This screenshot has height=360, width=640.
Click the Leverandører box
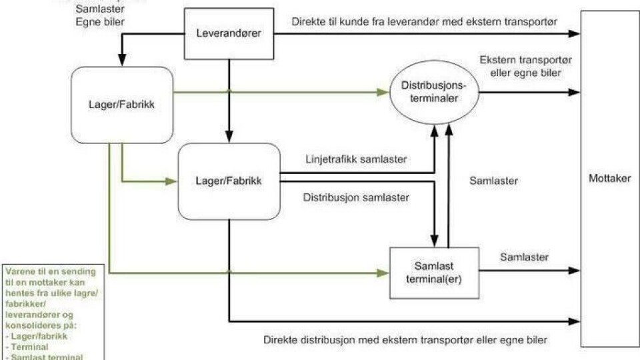click(x=229, y=33)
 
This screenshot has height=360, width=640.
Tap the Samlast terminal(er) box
click(x=434, y=273)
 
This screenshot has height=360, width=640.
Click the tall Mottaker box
click(x=609, y=179)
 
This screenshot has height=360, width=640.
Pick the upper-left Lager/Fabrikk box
click(x=122, y=105)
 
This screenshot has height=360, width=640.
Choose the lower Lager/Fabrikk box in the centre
click(x=229, y=180)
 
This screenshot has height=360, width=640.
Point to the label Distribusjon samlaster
click(x=356, y=197)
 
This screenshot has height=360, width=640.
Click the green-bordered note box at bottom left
click(x=51, y=312)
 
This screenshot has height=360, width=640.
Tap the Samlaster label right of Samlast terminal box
click(x=524, y=257)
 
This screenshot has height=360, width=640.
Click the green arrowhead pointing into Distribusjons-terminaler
click(x=383, y=92)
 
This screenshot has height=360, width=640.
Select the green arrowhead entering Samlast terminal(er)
click(x=383, y=273)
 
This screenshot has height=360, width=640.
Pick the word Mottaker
click(x=609, y=179)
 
